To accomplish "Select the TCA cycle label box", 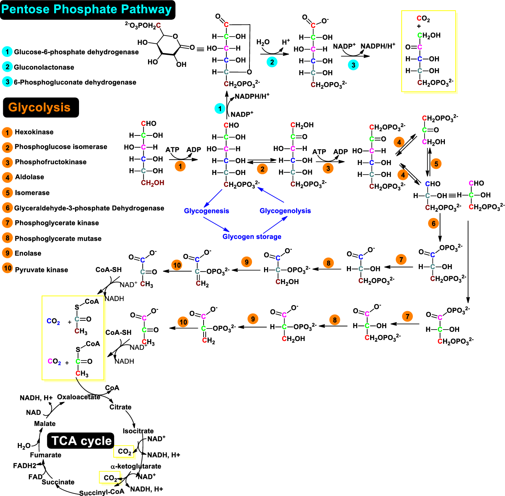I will pyautogui.click(x=81, y=441).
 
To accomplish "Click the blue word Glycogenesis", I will pyautogui.click(x=206, y=211).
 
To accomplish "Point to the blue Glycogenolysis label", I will pyautogui.click(x=285, y=211).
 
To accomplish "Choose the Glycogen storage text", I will pyautogui.click(x=252, y=237).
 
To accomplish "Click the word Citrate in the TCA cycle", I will pyautogui.click(x=120, y=407).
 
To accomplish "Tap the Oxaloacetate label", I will pyautogui.click(x=79, y=397).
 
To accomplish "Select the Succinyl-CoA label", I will pyautogui.click(x=102, y=492).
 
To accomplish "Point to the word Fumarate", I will pyautogui.click(x=46, y=455).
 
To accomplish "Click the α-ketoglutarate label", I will pyautogui.click(x=136, y=466).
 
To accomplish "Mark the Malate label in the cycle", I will pyautogui.click(x=45, y=424).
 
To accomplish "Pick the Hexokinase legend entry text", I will pyautogui.click(x=34, y=132).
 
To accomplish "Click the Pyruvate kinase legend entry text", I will pyautogui.click(x=41, y=270).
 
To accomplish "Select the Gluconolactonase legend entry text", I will pyautogui.click(x=44, y=67).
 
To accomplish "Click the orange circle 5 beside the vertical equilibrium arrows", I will pyautogui.click(x=436, y=164).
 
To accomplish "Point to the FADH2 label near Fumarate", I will pyautogui.click(x=25, y=466).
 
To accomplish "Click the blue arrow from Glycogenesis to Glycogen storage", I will pyautogui.click(x=216, y=224).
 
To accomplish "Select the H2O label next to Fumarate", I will pyautogui.click(x=24, y=446).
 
